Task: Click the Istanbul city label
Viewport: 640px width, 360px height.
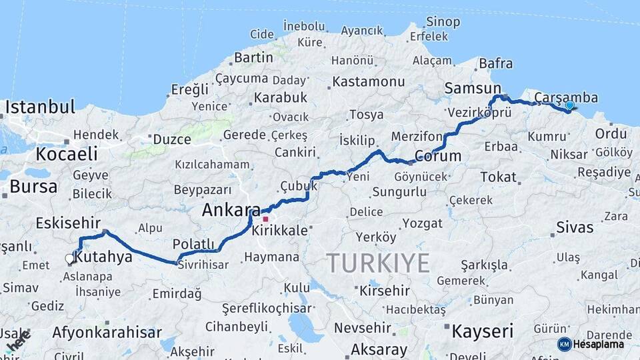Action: pos(40,107)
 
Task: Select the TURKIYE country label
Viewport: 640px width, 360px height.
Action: pos(378,263)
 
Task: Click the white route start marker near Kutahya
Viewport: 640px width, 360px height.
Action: pos(69,258)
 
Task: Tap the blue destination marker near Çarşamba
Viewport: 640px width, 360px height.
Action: pos(569,105)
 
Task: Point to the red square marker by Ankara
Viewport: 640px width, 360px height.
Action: pos(265,219)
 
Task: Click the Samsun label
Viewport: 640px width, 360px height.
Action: pos(473,89)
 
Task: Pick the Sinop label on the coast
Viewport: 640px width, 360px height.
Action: pos(443,22)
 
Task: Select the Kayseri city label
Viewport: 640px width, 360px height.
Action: pos(482,331)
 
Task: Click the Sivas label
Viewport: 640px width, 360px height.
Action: pos(575,227)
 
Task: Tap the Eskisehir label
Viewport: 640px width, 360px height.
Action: pos(68,223)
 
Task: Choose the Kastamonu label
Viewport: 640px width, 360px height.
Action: pos(368,82)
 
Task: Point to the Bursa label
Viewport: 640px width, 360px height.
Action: pos(33,187)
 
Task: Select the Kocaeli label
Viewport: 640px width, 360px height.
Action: pos(67,154)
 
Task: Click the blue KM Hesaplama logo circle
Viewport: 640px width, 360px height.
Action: pos(564,344)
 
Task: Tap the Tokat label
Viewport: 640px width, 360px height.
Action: pos(498,177)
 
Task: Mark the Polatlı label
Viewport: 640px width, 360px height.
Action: pos(193,243)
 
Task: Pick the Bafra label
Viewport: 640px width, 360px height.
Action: pos(496,64)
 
